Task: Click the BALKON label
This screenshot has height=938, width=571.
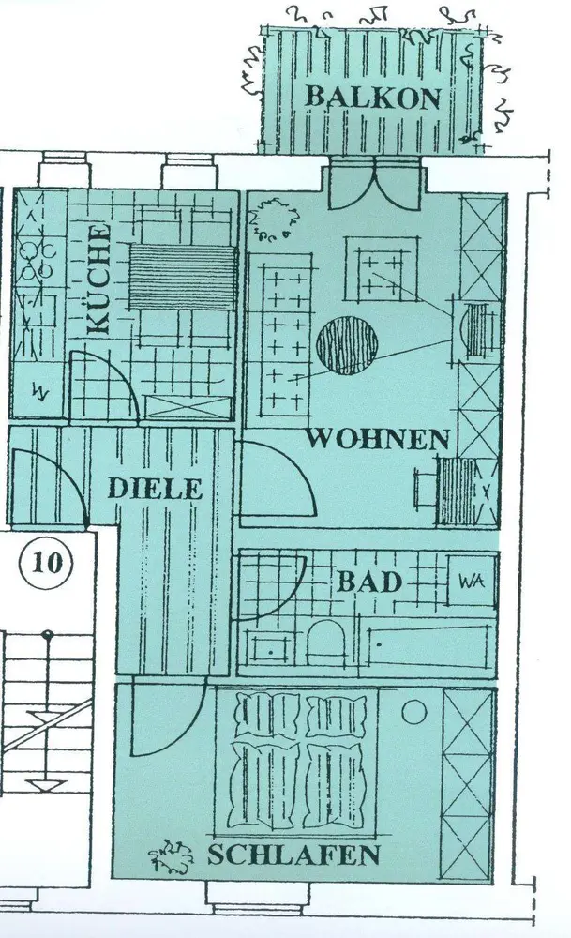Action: click(x=372, y=97)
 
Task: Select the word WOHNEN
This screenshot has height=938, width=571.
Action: click(x=381, y=438)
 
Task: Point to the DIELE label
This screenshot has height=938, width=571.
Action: click(x=155, y=489)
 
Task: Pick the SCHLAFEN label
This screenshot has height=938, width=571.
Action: click(x=293, y=855)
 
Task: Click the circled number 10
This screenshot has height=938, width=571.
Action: click(x=46, y=563)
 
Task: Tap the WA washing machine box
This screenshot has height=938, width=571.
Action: click(x=471, y=581)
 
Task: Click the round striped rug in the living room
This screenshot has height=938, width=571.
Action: click(x=348, y=345)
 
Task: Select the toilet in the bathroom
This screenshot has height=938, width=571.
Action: click(x=326, y=640)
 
